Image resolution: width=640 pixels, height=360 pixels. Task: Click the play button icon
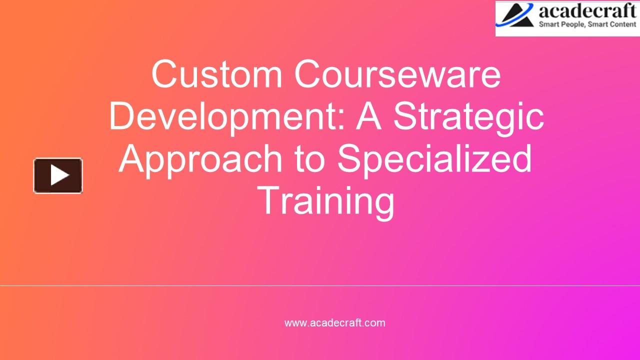(x=58, y=175)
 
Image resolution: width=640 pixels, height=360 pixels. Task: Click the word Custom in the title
(x=217, y=74)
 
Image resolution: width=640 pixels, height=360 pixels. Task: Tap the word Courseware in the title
(x=397, y=74)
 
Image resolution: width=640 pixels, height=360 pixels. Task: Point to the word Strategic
(x=468, y=116)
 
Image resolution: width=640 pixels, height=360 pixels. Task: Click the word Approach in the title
(x=200, y=158)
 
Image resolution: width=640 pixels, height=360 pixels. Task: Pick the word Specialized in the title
(x=434, y=158)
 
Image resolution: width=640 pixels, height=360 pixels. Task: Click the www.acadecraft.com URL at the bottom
(x=334, y=323)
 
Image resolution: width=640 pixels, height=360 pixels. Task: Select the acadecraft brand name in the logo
(x=587, y=11)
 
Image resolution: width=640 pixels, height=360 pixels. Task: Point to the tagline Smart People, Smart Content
(x=587, y=24)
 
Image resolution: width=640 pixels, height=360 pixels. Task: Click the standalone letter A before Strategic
(x=369, y=116)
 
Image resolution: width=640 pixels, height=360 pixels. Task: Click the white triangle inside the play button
(x=59, y=175)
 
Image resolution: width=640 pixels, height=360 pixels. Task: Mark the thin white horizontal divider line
(x=320, y=285)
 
